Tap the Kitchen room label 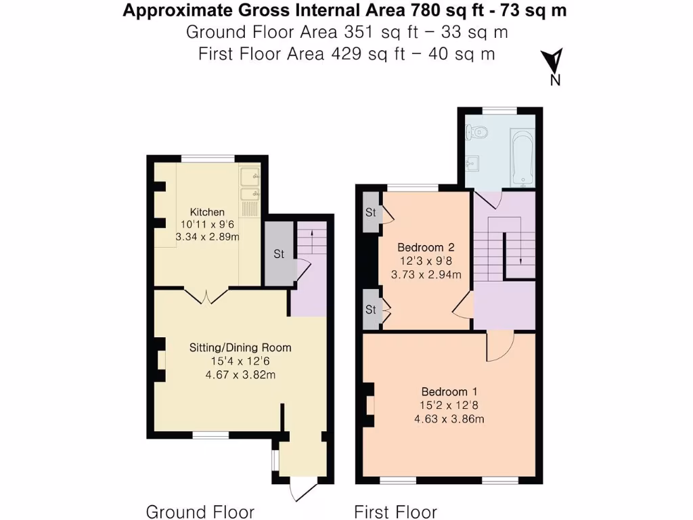(x=207, y=212)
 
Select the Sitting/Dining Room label (x=240, y=347)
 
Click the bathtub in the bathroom (x=522, y=157)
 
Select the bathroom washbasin (x=474, y=163)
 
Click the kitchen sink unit (x=250, y=186)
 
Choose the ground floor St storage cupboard (x=278, y=255)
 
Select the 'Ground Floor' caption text (x=200, y=511)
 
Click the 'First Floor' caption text (x=396, y=511)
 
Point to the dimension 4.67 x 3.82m (x=240, y=374)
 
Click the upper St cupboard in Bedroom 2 (x=370, y=212)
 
